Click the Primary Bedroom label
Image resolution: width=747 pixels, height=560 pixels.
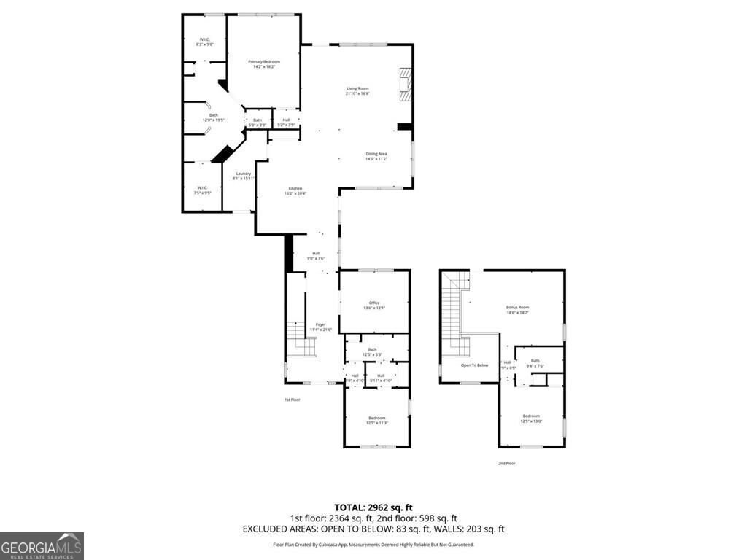coord(264,64)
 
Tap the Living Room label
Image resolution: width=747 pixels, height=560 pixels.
coord(357,91)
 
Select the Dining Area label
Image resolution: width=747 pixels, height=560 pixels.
coord(376,156)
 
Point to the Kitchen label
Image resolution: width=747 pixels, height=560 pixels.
coord(295,190)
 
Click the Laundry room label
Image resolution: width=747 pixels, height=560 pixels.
coord(243,176)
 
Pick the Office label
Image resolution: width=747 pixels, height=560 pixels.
coord(374,305)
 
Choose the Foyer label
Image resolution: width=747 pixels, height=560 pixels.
coord(320,327)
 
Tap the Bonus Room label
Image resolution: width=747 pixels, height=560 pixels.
coord(517,309)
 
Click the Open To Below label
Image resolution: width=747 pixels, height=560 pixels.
coord(474,365)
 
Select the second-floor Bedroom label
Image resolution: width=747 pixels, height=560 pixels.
coord(530,418)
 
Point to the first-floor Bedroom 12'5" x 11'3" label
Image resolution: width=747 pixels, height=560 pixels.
coord(376,420)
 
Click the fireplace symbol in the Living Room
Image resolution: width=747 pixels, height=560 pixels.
coord(405,83)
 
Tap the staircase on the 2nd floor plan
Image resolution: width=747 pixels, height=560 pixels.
coord(453,306)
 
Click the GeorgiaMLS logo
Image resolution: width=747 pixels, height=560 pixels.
coord(42,545)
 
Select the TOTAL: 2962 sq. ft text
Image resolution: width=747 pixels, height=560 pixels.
coord(373,507)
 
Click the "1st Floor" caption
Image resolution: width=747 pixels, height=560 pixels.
coord(292,400)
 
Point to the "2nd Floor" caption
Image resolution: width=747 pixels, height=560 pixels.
coord(506,463)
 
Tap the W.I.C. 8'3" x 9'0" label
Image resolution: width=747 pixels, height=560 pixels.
coord(204,42)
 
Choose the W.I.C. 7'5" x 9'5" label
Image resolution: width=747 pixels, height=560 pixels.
coord(202,191)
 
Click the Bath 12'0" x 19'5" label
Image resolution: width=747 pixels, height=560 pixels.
coord(213,117)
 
